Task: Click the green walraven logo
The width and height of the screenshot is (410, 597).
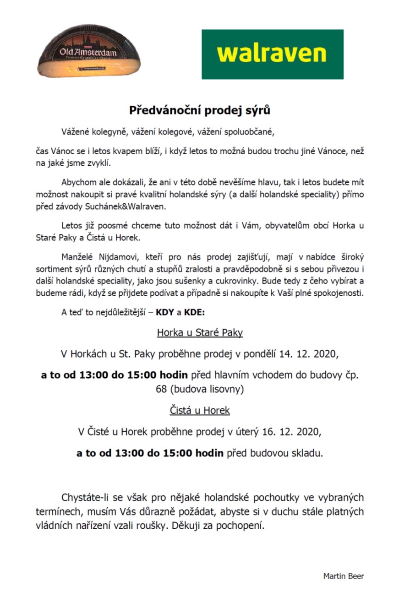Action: pos(273,54)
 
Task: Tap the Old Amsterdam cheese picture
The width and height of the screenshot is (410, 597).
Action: pos(89,57)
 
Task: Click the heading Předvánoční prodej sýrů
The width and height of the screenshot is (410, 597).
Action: pos(199,110)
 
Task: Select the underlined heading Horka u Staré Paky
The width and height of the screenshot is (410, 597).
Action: pos(200,332)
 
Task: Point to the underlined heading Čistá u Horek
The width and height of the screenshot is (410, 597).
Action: pos(200,411)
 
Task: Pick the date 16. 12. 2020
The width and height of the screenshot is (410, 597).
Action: pos(295,432)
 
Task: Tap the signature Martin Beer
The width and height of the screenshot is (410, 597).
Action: pos(343,576)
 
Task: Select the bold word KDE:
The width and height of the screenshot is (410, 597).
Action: pos(195,313)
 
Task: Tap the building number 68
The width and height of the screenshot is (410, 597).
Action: pos(162,390)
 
